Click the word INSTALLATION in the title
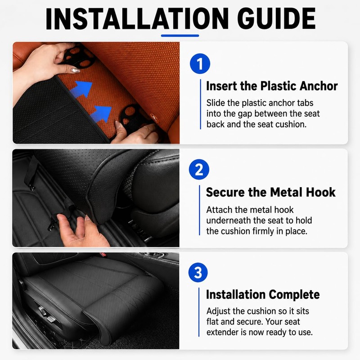(x=137, y=18)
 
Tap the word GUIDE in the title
(x=276, y=18)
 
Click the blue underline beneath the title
(x=180, y=36)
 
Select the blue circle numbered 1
(x=200, y=63)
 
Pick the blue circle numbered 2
(x=199, y=170)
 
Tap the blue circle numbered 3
(x=198, y=273)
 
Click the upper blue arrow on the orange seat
(x=81, y=89)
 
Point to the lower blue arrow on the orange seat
(x=100, y=114)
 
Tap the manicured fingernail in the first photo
(x=76, y=70)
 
